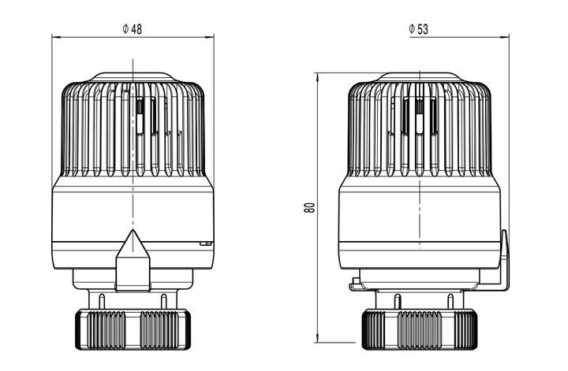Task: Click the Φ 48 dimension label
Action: point(133,29)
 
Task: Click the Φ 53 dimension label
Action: point(419,29)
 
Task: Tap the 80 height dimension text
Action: point(309,208)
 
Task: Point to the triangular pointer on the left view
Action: point(133,260)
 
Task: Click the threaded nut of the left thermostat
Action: point(133,329)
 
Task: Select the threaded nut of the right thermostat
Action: point(420,329)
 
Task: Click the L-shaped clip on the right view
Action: point(505,261)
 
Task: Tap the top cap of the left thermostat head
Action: point(133,77)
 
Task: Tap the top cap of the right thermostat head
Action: point(420,77)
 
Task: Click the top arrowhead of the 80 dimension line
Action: point(317,76)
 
